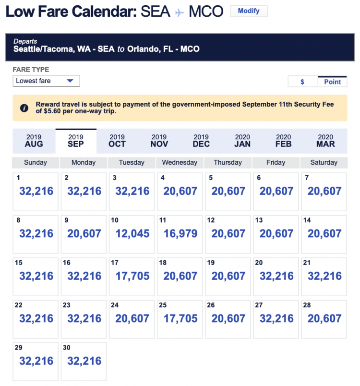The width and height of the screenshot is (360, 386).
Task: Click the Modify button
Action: tap(249, 11)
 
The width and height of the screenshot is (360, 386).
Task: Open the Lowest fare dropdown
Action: tap(46, 81)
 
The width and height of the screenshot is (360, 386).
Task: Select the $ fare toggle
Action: tap(302, 82)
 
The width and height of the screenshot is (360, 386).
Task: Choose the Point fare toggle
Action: tap(332, 82)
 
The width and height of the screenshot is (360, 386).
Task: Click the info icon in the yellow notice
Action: tap(24, 108)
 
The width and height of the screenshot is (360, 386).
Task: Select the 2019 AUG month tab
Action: tap(34, 141)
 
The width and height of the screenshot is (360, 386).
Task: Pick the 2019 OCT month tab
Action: tap(117, 141)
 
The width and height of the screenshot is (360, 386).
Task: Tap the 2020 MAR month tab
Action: tap(325, 141)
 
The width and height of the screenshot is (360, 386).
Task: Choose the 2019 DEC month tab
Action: tap(201, 141)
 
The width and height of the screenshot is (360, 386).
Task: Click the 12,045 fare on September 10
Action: tap(132, 234)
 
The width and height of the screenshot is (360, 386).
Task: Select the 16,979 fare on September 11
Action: tap(180, 234)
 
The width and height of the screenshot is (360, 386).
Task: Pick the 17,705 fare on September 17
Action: tap(132, 276)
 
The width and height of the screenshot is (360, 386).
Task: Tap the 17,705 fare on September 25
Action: tap(180, 318)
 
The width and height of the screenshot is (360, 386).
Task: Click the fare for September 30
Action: tap(84, 361)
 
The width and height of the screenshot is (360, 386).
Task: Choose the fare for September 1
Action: tap(36, 192)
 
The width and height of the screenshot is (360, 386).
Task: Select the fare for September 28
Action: tap(324, 318)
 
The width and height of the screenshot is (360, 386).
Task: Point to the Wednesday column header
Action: tap(180, 163)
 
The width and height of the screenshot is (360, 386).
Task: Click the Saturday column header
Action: tap(324, 163)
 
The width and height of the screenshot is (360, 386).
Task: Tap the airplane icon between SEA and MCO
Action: tap(180, 12)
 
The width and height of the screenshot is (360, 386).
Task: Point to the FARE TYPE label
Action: tap(31, 70)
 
